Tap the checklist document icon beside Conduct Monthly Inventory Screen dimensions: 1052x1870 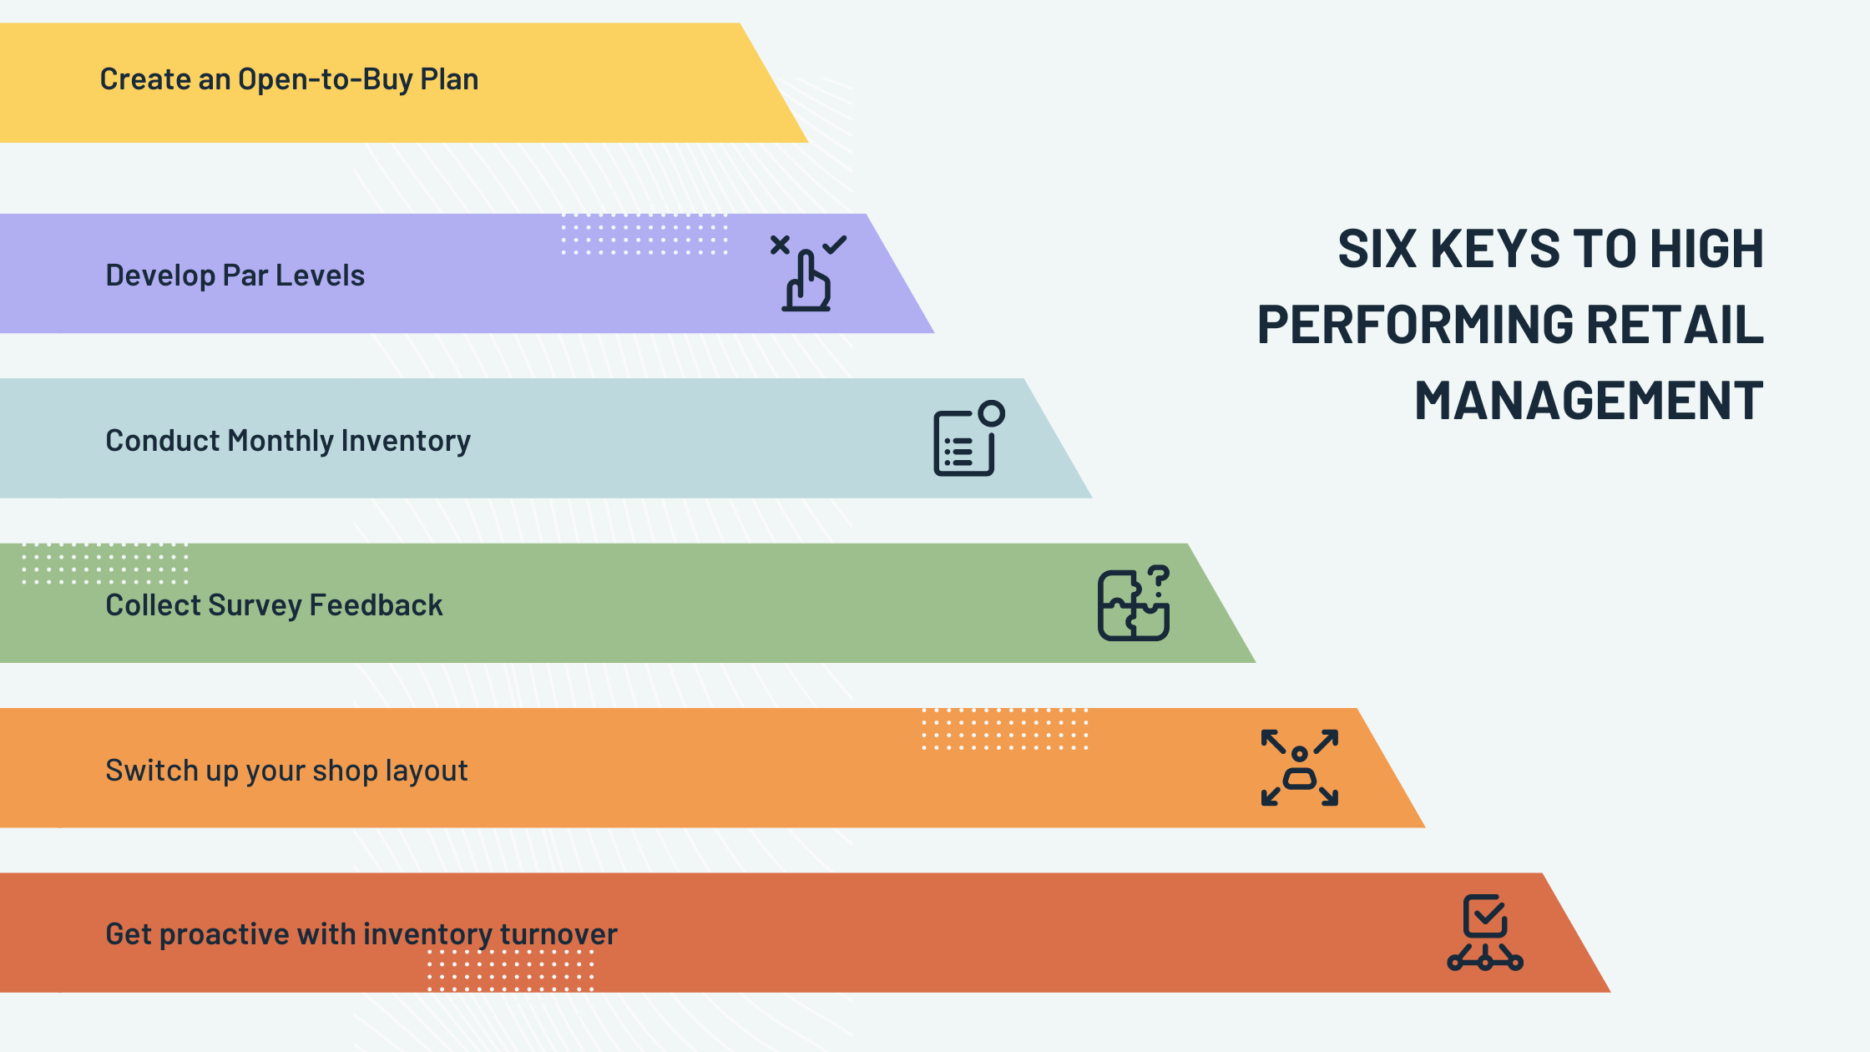967,440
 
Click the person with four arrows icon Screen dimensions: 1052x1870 1299,768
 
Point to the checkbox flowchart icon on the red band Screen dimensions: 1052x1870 1485,933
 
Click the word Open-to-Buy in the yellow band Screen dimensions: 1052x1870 326,79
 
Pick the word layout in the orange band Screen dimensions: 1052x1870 426,771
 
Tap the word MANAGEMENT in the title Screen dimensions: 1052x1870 1589,401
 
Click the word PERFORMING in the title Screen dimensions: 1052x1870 1415,325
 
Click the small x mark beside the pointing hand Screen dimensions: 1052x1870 780,245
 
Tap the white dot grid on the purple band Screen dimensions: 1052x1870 644,235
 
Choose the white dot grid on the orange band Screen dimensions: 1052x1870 1004,729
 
